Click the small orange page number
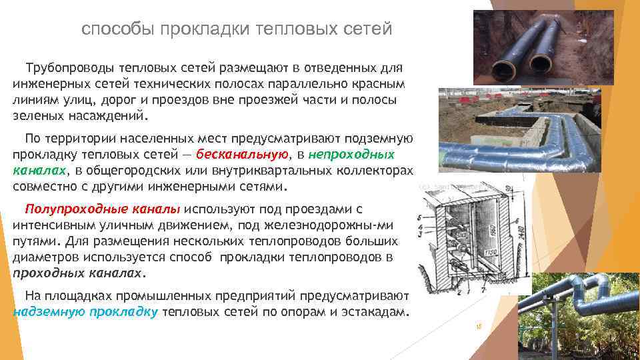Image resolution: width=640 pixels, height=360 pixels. pyautogui.click(x=478, y=327)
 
